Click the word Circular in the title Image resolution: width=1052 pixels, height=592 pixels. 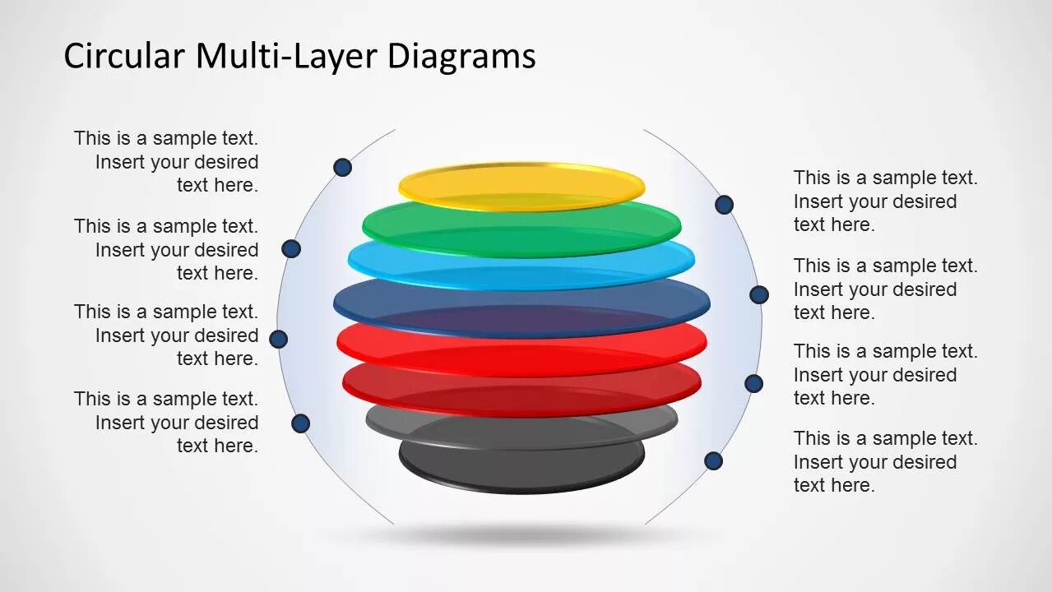[x=124, y=56]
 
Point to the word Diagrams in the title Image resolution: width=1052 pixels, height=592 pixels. [x=461, y=56]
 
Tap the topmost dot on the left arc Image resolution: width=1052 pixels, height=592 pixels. [x=343, y=168]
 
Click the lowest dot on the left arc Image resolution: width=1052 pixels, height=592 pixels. [x=301, y=423]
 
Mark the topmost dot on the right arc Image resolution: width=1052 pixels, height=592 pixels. [x=724, y=205]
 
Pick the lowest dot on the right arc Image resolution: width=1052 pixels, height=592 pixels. [x=713, y=461]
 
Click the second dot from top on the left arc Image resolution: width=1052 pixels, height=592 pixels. [x=291, y=248]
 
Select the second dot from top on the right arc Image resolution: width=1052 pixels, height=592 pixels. [x=759, y=294]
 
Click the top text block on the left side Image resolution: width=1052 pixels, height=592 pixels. [x=166, y=162]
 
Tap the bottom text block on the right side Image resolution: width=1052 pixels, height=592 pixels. [x=885, y=461]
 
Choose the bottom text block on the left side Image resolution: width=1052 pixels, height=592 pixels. [x=166, y=422]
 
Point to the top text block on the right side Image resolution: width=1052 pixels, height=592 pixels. [x=885, y=201]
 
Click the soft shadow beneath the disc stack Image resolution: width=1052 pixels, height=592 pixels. [x=521, y=534]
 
